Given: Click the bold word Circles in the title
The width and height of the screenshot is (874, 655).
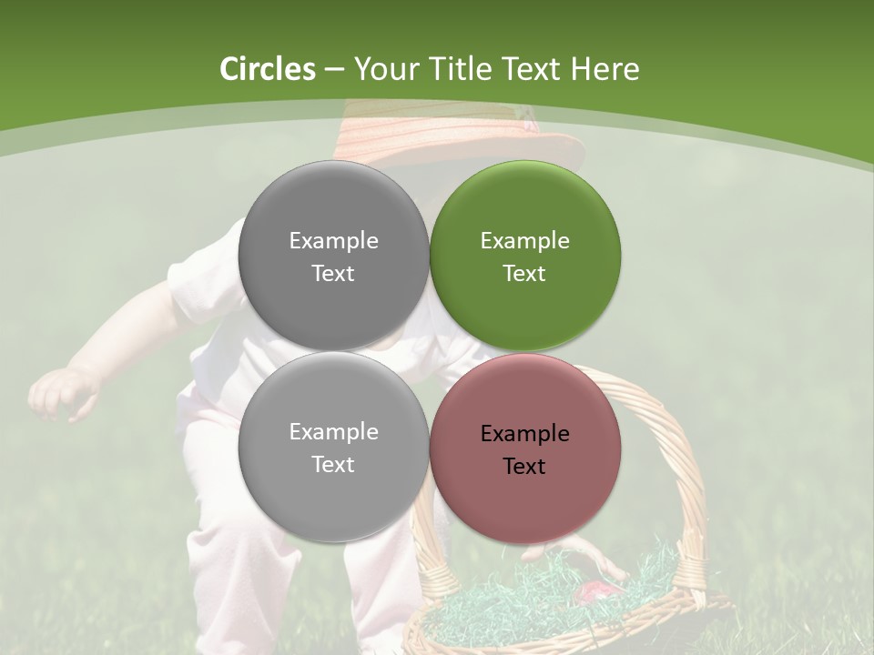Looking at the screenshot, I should coord(268,69).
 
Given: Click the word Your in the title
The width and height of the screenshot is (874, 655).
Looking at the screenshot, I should coord(382,69).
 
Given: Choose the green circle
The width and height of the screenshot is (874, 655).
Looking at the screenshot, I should coord(524,256).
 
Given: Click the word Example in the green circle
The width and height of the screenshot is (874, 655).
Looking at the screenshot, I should coord(524,241).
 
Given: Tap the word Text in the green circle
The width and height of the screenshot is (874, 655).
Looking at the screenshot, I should coord(524,274).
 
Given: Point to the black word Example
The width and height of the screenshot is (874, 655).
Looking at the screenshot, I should coord(524,434).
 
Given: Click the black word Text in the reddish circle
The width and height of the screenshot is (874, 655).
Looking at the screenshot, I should coord(524,467).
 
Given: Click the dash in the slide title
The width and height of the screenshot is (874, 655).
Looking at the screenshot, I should coord(334,69).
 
